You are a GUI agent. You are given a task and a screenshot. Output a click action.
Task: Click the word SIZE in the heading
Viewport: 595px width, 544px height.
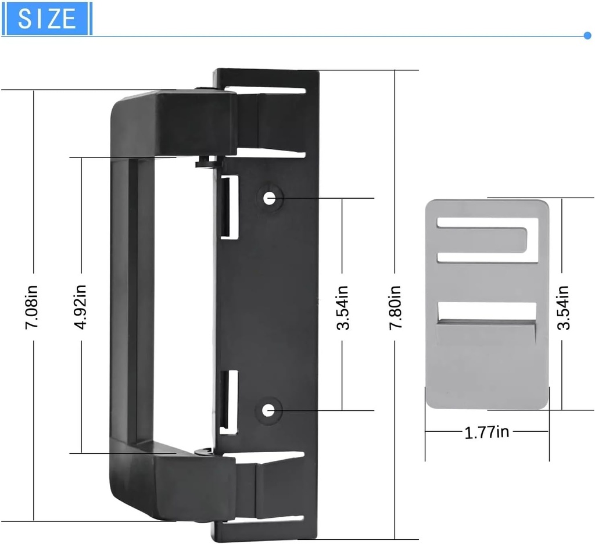point(47,19)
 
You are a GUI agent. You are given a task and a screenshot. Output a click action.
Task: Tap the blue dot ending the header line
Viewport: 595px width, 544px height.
point(587,35)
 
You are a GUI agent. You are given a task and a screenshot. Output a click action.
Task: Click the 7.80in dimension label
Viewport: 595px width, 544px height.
point(395,306)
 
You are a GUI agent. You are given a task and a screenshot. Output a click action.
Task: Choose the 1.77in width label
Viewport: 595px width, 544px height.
point(487,432)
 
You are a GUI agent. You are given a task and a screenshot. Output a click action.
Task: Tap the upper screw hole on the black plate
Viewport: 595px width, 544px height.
point(268,198)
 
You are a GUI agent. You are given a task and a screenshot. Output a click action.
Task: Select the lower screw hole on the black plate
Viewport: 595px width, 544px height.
point(268,410)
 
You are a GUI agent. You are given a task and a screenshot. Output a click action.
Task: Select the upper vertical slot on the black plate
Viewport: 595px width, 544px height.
point(230,207)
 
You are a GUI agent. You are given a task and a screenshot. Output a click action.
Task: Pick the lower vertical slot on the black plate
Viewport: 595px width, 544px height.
point(230,402)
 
